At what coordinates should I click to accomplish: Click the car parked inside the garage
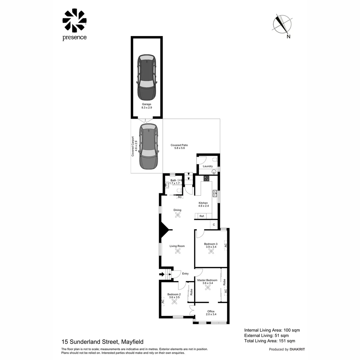147,77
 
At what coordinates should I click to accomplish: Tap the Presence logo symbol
75,21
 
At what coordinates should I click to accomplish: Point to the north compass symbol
282,24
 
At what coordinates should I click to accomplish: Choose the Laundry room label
208,166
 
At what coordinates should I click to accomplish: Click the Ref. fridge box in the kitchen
202,216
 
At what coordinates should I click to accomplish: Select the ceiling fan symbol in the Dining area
177,215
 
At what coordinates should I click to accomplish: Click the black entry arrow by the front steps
162,274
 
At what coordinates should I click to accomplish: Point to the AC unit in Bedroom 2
163,301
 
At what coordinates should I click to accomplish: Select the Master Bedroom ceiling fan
208,287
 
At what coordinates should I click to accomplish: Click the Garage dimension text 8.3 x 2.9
147,108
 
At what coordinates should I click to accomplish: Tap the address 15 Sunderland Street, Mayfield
103,342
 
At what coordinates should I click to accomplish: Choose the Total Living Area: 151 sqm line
270,341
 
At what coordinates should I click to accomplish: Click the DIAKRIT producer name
297,349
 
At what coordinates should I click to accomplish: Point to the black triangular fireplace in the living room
164,230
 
